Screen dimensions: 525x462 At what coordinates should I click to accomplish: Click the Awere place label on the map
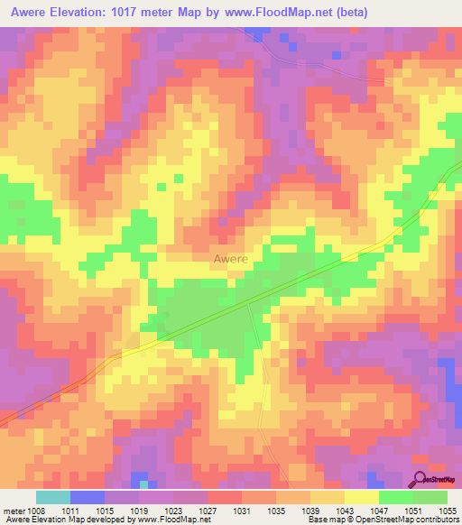pyautogui.click(x=231, y=260)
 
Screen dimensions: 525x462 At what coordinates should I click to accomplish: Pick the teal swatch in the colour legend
pyautogui.click(x=52, y=497)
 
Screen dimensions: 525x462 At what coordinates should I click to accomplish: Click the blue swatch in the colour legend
pyautogui.click(x=88, y=497)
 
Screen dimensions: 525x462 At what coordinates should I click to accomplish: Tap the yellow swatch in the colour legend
pyautogui.click(x=360, y=497)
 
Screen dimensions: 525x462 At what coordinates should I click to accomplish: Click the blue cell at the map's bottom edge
pyautogui.click(x=139, y=479)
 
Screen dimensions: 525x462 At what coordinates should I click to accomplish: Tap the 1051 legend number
pyautogui.click(x=413, y=510)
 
